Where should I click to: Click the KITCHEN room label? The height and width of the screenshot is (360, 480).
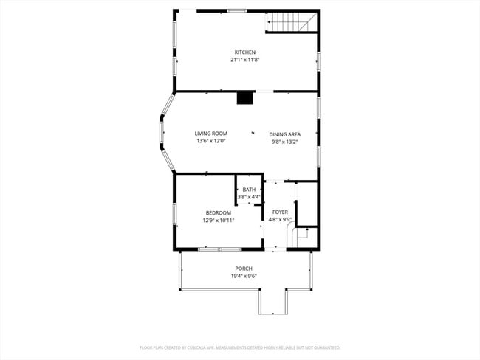tap(244, 52)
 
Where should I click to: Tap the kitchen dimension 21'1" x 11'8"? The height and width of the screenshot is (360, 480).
tap(244, 59)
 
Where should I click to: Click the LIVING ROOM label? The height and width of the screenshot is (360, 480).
tap(210, 134)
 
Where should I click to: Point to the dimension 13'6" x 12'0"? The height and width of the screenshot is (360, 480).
tap(210, 141)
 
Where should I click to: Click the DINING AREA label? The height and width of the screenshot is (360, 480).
tap(284, 134)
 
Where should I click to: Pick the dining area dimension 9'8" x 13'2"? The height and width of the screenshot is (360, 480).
tap(284, 141)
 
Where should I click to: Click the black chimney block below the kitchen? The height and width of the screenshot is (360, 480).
tap(244, 98)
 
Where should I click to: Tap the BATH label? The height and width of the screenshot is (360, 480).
tap(249, 190)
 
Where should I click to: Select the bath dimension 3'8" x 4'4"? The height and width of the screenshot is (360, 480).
tap(249, 197)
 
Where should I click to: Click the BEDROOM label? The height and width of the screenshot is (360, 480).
tap(218, 212)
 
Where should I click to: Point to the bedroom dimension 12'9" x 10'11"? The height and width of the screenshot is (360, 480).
tap(218, 220)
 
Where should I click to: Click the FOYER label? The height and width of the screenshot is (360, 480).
tap(280, 212)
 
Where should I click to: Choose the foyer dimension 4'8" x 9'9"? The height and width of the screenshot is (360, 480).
tap(280, 219)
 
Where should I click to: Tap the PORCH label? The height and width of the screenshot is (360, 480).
tap(244, 269)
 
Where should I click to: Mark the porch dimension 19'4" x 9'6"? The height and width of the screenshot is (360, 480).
tap(244, 276)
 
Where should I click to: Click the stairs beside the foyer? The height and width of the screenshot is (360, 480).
tap(304, 238)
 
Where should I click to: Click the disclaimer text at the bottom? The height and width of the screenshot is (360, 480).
tap(240, 347)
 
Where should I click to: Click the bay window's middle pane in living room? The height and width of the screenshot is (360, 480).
tap(161, 132)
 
